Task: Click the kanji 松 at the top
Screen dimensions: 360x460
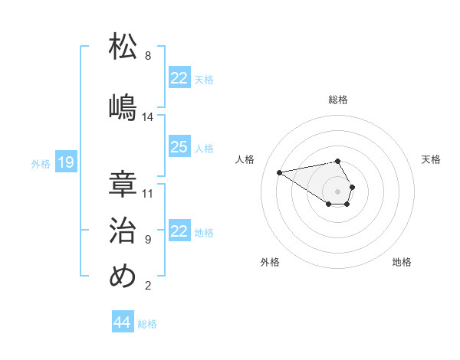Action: point(123,47)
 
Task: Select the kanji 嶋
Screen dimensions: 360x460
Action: point(123,106)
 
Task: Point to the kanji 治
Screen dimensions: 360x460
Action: point(123,229)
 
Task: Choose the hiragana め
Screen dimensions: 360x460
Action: point(123,276)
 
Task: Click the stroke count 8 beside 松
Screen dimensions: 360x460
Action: point(148,56)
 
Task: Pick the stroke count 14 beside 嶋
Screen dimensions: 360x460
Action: point(148,117)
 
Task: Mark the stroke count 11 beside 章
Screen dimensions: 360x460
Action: point(148,194)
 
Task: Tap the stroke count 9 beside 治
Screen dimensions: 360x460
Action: point(148,240)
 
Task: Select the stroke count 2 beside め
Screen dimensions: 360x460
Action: point(148,286)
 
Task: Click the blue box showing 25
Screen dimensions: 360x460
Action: point(179,147)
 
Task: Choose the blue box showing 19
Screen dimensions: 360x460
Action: point(65,162)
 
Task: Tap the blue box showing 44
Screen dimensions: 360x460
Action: point(123,322)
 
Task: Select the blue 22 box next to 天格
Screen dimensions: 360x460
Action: point(179,78)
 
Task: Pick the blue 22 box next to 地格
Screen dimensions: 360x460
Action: point(179,231)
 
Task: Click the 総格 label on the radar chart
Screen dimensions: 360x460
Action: point(338,100)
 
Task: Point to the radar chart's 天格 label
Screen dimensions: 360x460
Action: point(432,159)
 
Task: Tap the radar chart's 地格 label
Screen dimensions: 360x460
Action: point(402,262)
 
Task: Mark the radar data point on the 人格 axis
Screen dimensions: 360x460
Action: point(280,172)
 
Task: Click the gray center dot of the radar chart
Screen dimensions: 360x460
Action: point(338,191)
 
